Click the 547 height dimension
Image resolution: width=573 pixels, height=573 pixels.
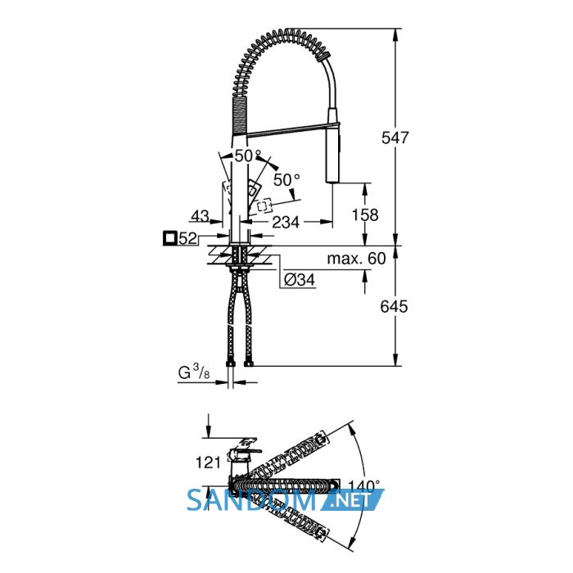(x=395, y=138)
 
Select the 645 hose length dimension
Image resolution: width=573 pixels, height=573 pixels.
(x=394, y=307)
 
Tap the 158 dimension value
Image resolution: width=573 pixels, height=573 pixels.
(x=365, y=214)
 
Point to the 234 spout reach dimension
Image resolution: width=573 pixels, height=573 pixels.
(x=286, y=222)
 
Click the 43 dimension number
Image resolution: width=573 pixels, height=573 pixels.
(x=200, y=215)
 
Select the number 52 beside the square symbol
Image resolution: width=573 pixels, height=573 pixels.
(x=188, y=239)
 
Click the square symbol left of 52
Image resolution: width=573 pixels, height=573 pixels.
(x=170, y=238)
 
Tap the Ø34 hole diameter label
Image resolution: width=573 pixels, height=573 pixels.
(x=300, y=280)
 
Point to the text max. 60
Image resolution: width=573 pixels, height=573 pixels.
(x=356, y=259)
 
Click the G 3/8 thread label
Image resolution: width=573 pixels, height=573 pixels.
(x=194, y=372)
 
